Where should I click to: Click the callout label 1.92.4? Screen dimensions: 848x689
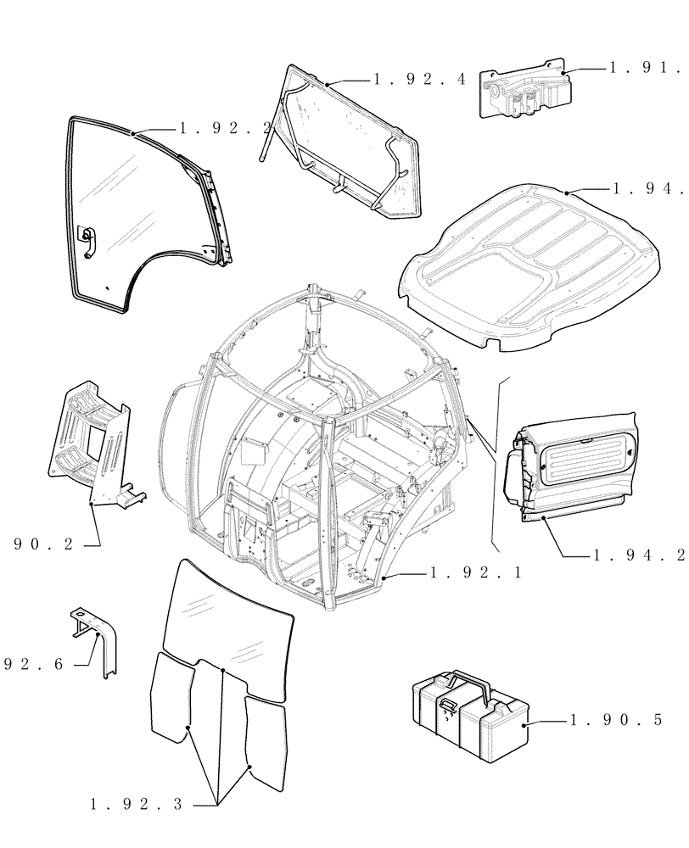(x=419, y=79)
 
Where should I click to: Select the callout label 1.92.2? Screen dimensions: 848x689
(x=225, y=128)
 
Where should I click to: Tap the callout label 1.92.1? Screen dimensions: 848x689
(x=475, y=573)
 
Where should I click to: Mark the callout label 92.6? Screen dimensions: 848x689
(x=34, y=665)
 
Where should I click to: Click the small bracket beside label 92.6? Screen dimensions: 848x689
(x=97, y=640)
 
